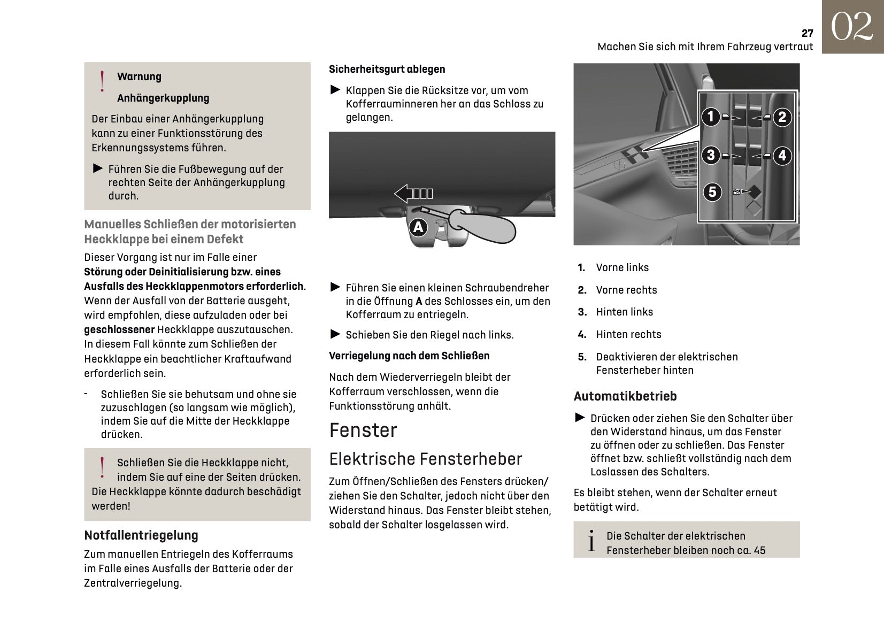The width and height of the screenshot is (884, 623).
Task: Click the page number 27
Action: point(807,33)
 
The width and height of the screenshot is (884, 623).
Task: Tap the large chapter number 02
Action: point(852,27)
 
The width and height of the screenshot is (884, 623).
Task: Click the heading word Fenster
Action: point(363,430)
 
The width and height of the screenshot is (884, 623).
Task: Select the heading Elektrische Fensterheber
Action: point(425,459)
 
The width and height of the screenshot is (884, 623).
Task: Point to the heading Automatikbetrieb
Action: point(625,396)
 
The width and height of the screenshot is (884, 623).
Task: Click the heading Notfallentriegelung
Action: point(141,535)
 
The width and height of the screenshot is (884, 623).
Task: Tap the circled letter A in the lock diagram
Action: point(418,227)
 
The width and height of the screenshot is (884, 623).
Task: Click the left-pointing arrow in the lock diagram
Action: point(413,193)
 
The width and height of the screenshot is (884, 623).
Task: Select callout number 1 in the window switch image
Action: point(710,117)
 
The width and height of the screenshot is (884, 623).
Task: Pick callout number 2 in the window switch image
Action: point(782,117)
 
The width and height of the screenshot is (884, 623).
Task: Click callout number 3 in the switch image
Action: point(710,155)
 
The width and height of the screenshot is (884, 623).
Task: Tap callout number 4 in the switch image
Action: point(782,156)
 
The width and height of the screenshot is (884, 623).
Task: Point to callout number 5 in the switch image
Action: point(712,191)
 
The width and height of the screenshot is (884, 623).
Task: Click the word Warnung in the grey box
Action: point(139,76)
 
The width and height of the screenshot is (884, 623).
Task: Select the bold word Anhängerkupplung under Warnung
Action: point(163,98)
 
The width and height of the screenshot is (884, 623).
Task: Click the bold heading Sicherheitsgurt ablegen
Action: point(387,69)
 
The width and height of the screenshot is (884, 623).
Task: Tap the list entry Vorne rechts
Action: point(626,290)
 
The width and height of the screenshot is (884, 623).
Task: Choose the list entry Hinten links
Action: point(624,312)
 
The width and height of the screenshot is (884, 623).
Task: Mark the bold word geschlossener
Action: point(119,329)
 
